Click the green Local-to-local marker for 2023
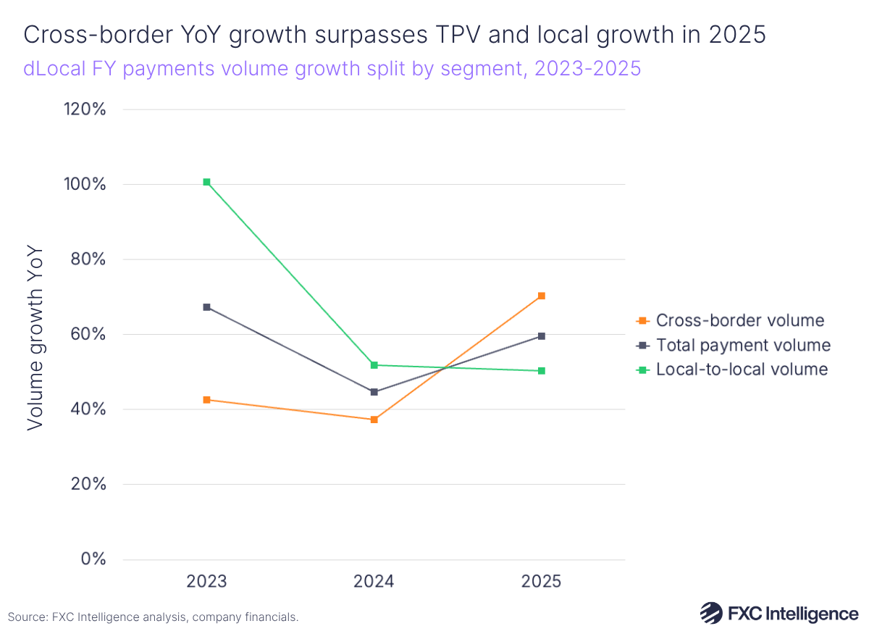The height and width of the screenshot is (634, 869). (207, 182)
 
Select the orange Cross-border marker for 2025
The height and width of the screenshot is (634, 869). (541, 296)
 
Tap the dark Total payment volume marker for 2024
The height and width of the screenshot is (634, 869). (374, 392)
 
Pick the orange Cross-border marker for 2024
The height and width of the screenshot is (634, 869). (374, 420)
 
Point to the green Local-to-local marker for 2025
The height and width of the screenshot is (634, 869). (541, 371)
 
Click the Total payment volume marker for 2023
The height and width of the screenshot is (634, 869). (207, 307)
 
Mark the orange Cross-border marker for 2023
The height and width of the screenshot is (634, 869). (207, 400)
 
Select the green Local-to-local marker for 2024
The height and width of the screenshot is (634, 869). (374, 365)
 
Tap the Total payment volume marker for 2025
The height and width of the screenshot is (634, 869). (541, 336)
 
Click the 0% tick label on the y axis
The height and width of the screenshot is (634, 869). (95, 559)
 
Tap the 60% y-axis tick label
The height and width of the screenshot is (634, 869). (91, 335)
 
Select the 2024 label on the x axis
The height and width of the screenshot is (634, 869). (374, 582)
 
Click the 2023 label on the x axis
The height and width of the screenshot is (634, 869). (207, 582)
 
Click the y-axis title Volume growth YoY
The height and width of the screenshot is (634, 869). (35, 338)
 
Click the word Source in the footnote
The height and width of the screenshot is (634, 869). (28, 617)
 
